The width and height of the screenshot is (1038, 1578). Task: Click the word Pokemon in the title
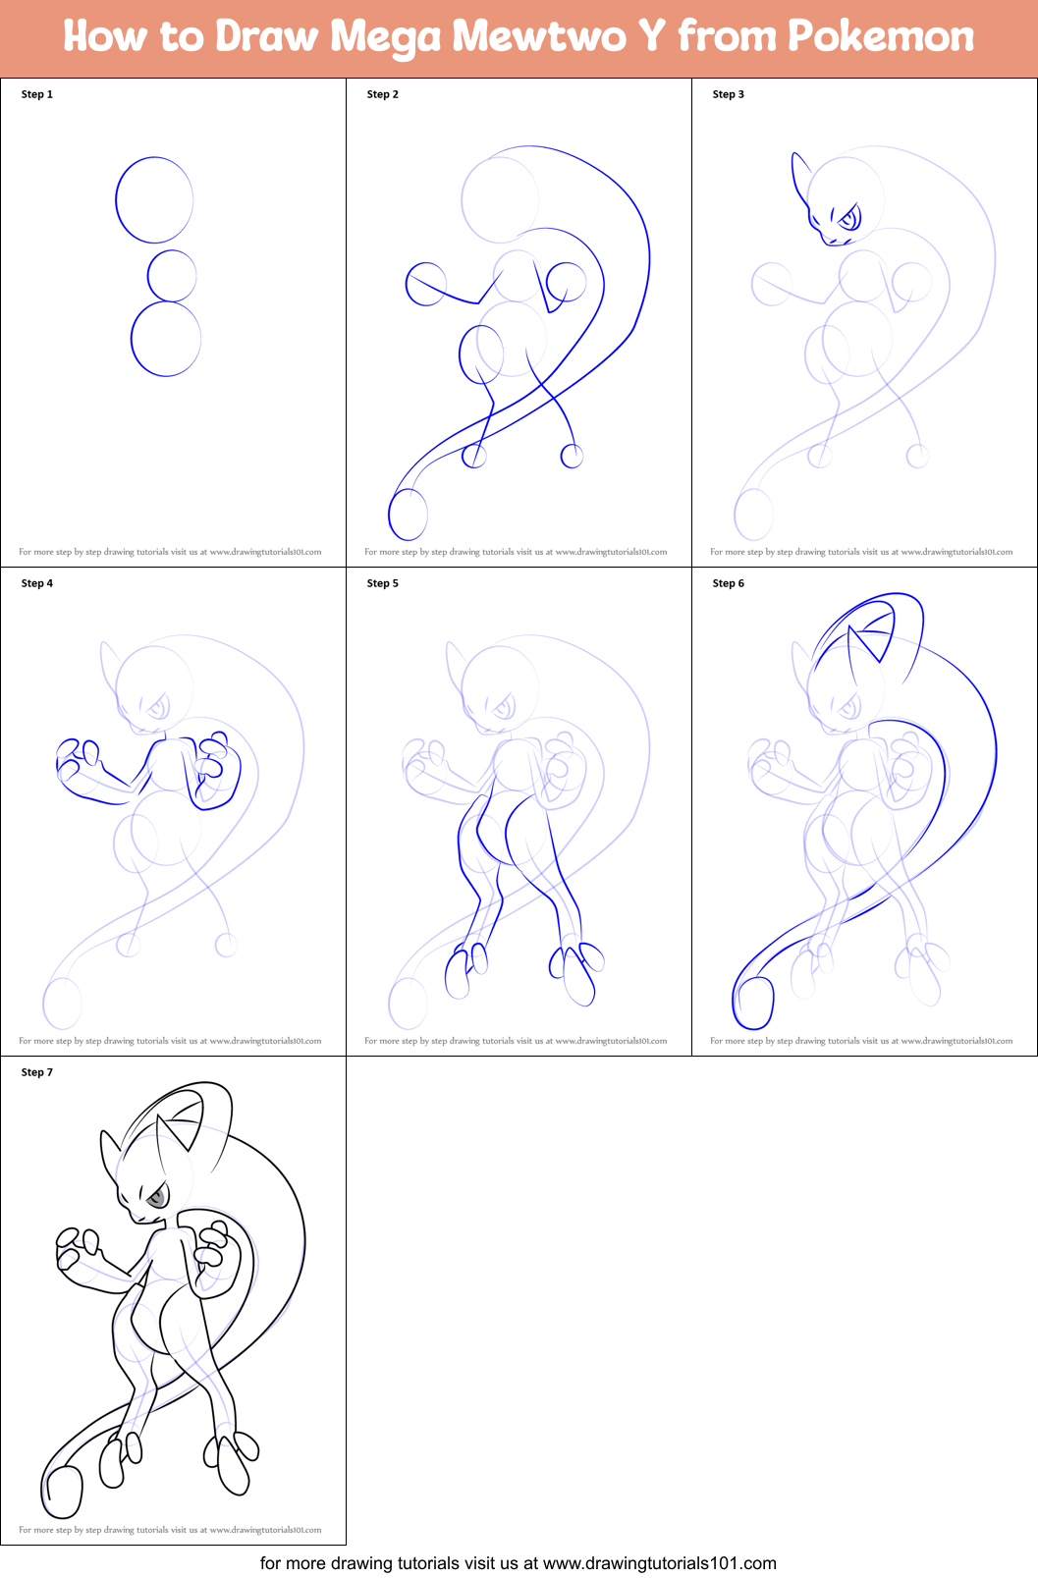(881, 36)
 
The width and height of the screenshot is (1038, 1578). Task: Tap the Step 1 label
(37, 94)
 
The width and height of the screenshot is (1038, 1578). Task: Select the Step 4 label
(37, 583)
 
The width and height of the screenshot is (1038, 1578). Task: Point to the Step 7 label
(37, 1072)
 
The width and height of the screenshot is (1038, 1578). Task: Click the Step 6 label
(729, 583)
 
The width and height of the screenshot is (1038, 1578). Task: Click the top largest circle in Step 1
(154, 199)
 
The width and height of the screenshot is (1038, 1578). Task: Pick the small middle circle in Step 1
(172, 276)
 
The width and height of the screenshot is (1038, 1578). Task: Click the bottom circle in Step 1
(166, 339)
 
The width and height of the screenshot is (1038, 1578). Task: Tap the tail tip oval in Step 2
(409, 515)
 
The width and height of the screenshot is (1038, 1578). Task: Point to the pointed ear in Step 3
(799, 175)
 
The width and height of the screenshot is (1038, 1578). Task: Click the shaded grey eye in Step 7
(155, 1198)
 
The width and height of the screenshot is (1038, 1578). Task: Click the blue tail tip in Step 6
(754, 1004)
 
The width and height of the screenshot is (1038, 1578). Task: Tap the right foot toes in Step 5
(579, 972)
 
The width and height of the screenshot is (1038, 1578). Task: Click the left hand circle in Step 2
(426, 284)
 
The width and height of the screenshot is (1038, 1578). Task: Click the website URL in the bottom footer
(659, 1563)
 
